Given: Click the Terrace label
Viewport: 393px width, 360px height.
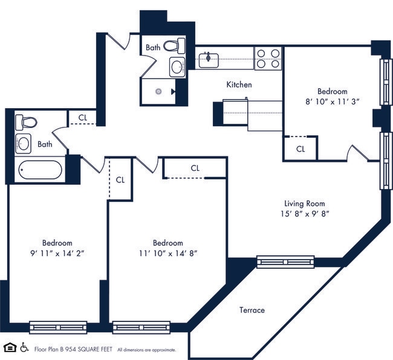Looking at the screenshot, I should pos(252,310).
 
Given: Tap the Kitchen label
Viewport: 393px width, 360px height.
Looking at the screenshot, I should pos(239,85).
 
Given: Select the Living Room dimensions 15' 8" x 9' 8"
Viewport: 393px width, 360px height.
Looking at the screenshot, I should pos(305,213).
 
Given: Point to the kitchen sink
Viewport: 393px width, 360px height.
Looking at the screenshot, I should pos(209,59).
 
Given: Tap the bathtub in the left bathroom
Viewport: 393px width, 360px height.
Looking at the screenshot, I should pos(39,170).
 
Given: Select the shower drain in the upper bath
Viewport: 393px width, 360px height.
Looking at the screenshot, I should pos(158,92).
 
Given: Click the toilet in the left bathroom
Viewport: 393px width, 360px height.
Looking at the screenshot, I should pos(26,122).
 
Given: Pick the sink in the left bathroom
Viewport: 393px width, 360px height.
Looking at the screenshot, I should pos(23,143).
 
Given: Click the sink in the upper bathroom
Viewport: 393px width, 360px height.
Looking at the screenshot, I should pos(177,66).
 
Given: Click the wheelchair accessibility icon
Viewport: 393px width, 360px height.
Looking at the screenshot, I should pos(25,347).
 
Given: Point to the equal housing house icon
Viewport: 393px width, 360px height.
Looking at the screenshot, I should pos(10,347).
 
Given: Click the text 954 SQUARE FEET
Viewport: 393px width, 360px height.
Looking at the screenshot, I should pos(89,349).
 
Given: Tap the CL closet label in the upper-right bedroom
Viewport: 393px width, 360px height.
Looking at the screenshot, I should pos(300,149).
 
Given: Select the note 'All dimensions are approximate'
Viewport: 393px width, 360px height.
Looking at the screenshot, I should pos(147,350).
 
